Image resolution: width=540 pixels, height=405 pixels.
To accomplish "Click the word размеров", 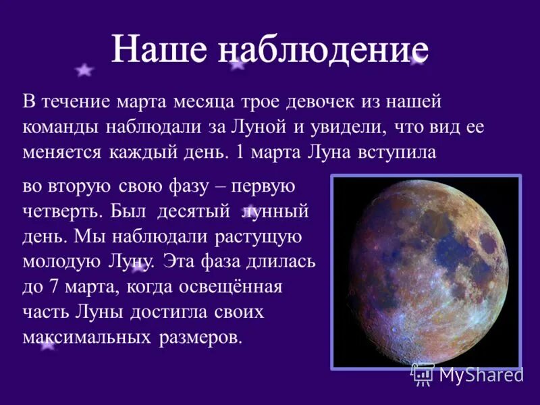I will pos(199,337).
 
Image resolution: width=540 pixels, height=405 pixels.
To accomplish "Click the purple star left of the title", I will pos(84,70).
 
